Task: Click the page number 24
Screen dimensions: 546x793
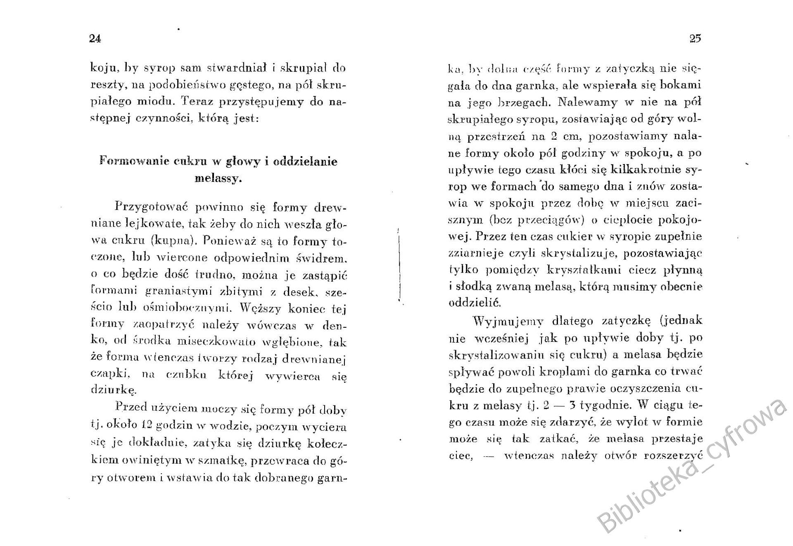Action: coord(95,38)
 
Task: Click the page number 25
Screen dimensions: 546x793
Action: coord(695,38)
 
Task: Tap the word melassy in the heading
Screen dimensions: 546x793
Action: coord(218,179)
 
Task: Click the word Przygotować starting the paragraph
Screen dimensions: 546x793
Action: coord(152,206)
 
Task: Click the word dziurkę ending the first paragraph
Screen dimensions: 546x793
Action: coord(113,389)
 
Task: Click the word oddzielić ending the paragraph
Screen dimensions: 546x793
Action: coord(475,303)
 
